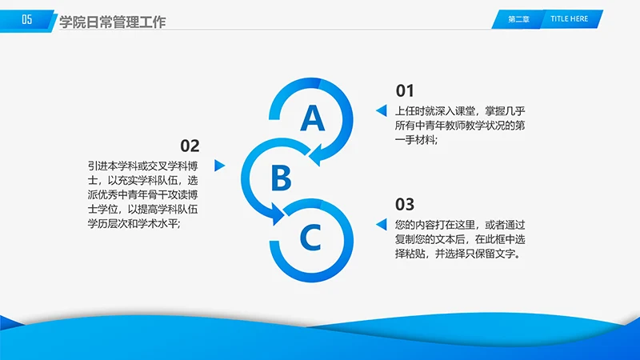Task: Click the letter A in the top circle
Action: point(313,118)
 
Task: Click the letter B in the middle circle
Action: point(280,178)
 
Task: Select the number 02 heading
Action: point(190,146)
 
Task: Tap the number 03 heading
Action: point(406,203)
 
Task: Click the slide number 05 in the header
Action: point(27,21)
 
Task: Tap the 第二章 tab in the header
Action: point(519,19)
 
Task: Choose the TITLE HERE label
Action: point(569,19)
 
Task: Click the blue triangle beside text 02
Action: point(220,166)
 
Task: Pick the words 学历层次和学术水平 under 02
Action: point(135,224)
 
